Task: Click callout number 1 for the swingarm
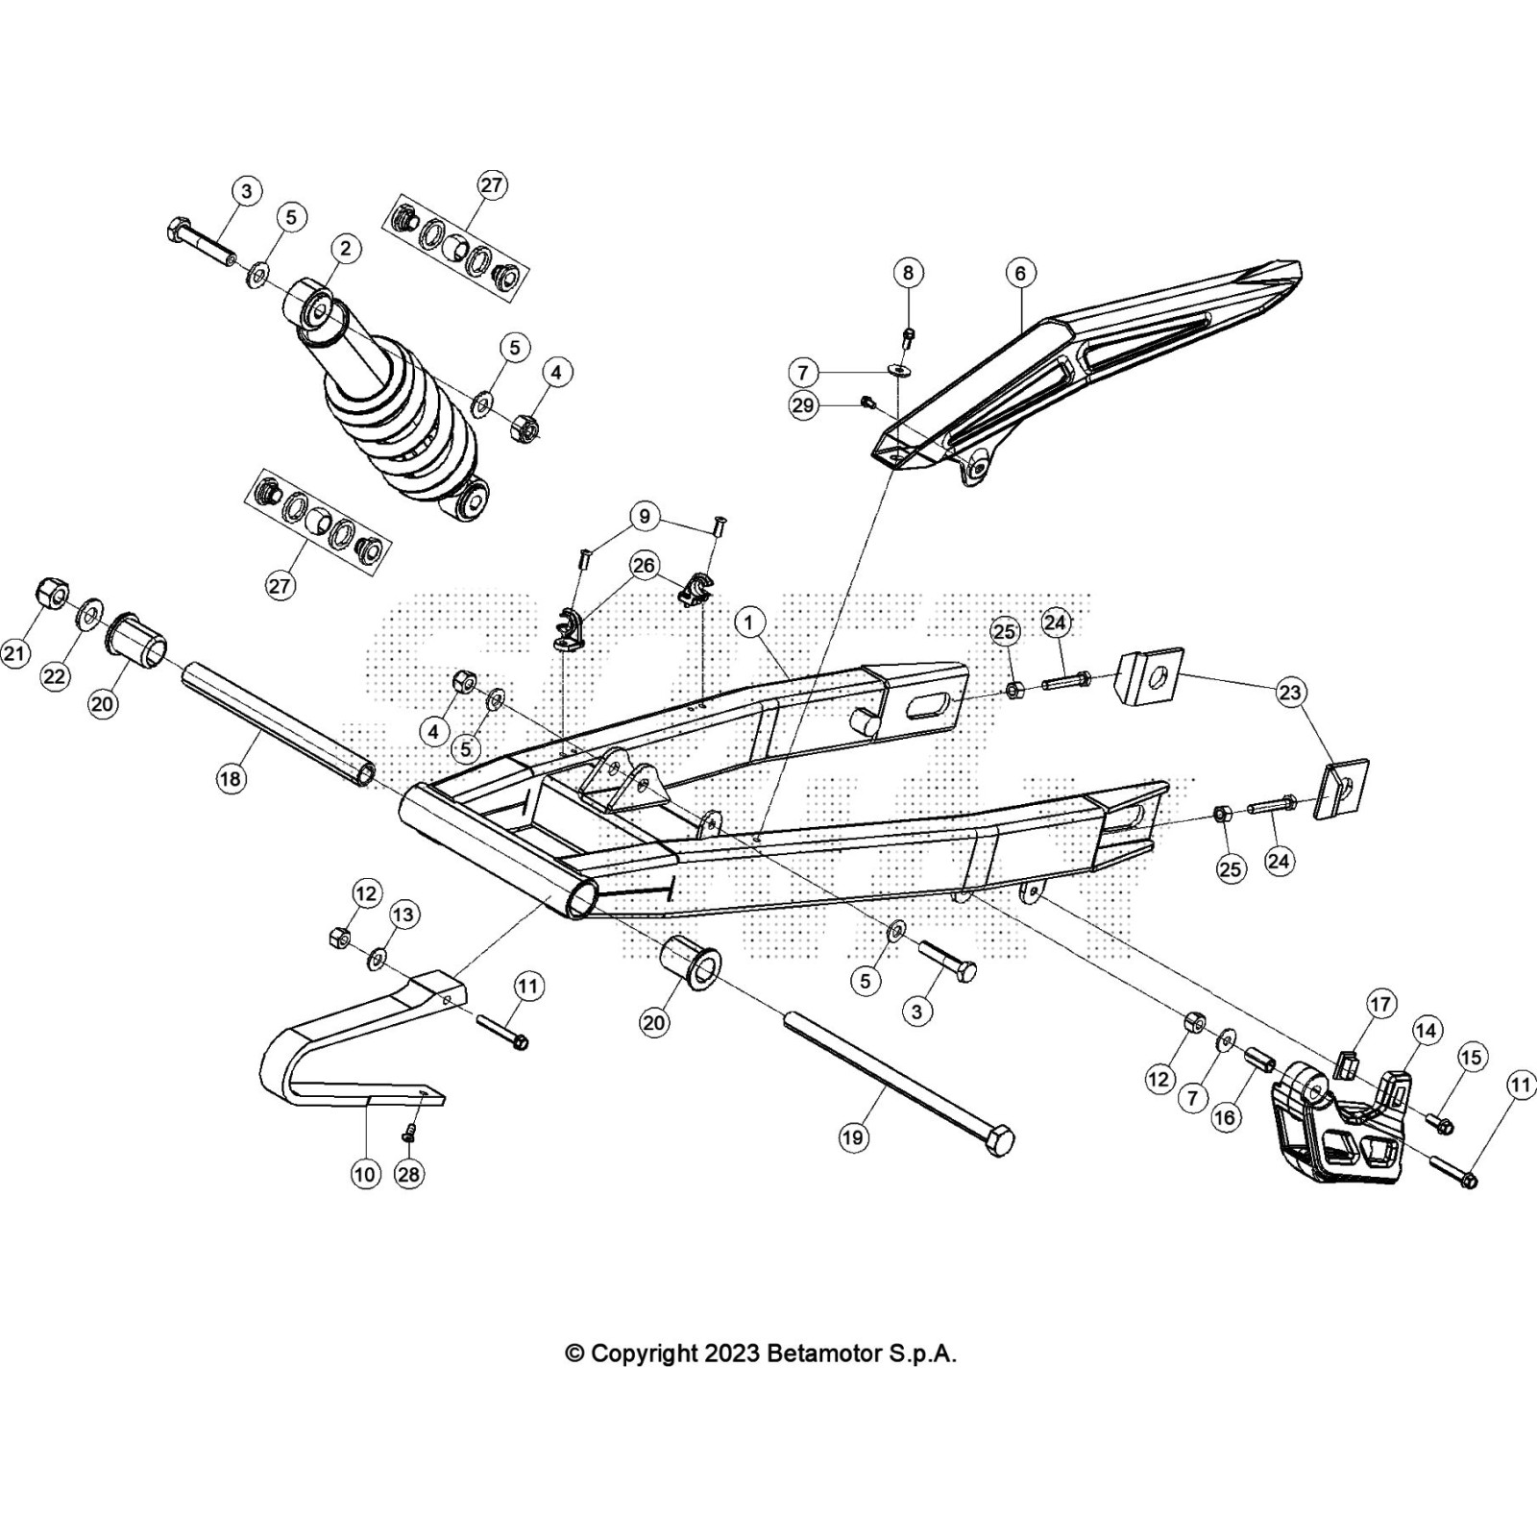[749, 622]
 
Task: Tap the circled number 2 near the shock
[345, 249]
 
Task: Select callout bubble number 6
[1020, 273]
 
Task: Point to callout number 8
[908, 273]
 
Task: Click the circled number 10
[365, 1173]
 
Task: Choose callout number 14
[1426, 1031]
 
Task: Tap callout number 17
[1380, 1005]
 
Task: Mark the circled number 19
[853, 1137]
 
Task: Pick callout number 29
[803, 405]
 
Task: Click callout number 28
[410, 1174]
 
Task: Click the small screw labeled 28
[410, 1134]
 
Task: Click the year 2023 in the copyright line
[733, 1354]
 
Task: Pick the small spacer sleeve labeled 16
[1259, 1060]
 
